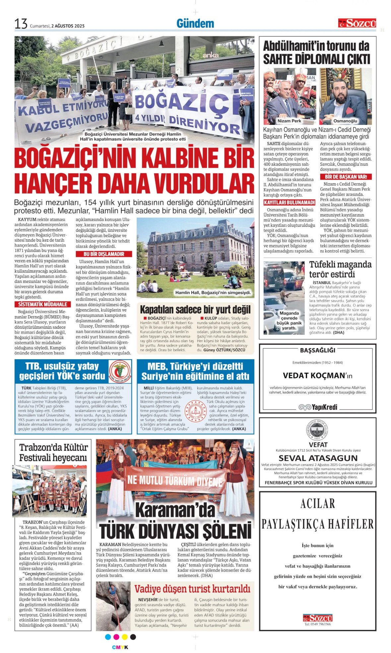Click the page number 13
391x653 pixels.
pyautogui.click(x=21, y=24)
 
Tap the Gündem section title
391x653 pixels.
pyautogui.click(x=195, y=24)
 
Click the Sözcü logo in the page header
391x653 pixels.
pyautogui.click(x=357, y=23)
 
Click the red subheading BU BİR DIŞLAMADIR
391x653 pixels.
pyautogui.click(x=103, y=254)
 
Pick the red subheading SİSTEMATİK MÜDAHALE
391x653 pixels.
pyautogui.click(x=42, y=304)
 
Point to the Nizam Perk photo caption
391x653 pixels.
pyautogui.click(x=289, y=121)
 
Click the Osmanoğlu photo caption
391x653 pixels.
pyautogui.click(x=345, y=121)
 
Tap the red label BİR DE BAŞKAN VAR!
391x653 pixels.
pyautogui.click(x=346, y=177)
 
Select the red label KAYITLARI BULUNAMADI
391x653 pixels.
pyautogui.click(x=289, y=203)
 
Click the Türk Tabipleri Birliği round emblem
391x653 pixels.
pyautogui.click(x=119, y=371)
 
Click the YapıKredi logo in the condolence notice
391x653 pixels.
pyautogui.click(x=318, y=407)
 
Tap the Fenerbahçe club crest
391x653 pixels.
pyautogui.click(x=318, y=431)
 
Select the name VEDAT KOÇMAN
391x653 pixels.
pyautogui.click(x=314, y=375)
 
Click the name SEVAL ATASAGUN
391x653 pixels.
pyautogui.click(x=318, y=458)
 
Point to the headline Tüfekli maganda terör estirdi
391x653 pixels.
pyautogui.click(x=340, y=269)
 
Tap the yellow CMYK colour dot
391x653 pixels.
pyautogui.click(x=125, y=637)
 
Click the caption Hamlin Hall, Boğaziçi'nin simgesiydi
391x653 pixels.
pyautogui.click(x=213, y=292)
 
